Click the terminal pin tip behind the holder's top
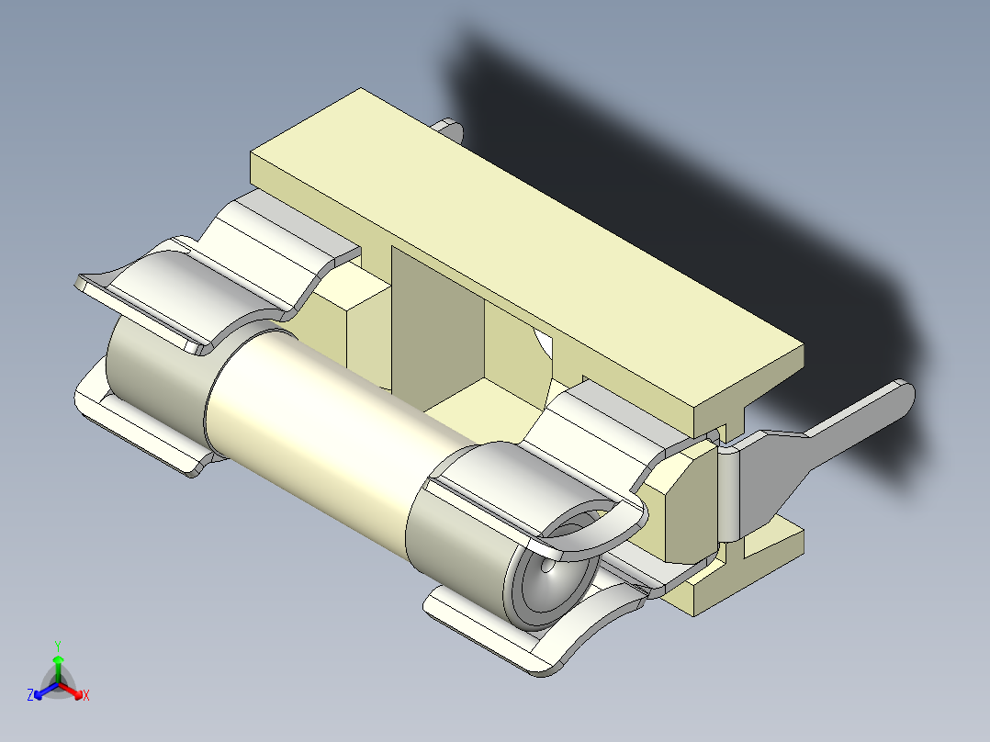pyautogui.click(x=453, y=129)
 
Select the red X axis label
pyautogui.click(x=85, y=695)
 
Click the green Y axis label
pyautogui.click(x=58, y=646)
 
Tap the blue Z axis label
pyautogui.click(x=30, y=695)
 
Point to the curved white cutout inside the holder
pyautogui.click(x=543, y=344)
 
